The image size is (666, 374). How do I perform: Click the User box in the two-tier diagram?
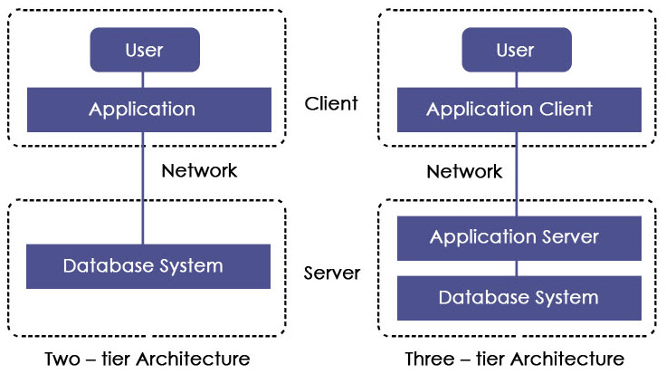coord(143,49)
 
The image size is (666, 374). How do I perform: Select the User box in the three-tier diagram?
coord(516,49)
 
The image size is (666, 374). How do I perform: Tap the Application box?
coord(142,110)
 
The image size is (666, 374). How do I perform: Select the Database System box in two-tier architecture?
coord(142,266)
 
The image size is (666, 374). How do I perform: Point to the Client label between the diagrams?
coord(331,103)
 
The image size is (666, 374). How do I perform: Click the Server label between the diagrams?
coord(332,273)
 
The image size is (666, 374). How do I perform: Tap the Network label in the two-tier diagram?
coord(198,170)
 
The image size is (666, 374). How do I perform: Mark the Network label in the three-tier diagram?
coord(464,171)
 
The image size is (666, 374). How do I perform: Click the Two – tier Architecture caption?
coord(147,359)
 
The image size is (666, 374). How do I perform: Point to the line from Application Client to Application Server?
coord(517,181)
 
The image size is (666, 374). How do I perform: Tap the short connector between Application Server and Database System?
coord(517,268)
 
